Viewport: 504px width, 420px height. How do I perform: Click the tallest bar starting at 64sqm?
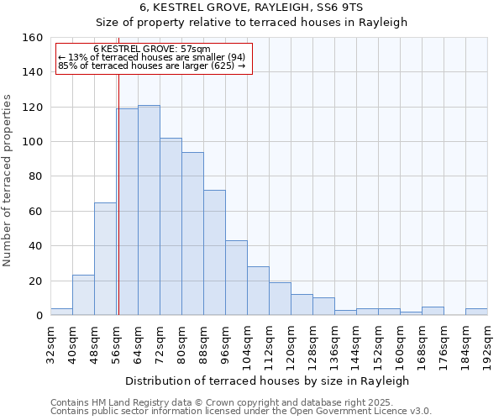pos(149,210)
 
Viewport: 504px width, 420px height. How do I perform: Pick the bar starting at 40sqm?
pos(83,295)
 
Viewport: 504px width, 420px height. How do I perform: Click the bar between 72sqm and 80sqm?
pos(171,227)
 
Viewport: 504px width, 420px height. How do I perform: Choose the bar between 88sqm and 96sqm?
pos(214,252)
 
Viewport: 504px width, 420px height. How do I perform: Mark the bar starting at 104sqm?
pos(258,291)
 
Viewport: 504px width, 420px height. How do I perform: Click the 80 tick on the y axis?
pos(36,176)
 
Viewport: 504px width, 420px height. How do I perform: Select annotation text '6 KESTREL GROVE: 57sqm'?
pos(152,50)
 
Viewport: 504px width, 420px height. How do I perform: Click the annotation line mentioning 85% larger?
pos(152,66)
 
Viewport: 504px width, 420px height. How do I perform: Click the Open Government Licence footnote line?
pos(241,412)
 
